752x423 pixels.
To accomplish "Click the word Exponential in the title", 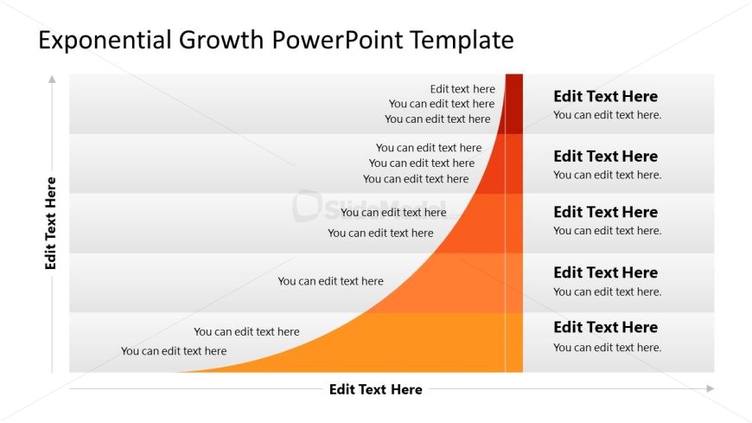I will pos(105,40).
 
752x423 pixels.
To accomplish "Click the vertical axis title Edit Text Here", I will pos(51,223).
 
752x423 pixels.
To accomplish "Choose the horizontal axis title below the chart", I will pos(375,389).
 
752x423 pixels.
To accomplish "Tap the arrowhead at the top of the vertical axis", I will pos(52,79).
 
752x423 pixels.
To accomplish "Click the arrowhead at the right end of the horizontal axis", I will pos(710,388).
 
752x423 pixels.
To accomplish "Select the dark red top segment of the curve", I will pos(513,104).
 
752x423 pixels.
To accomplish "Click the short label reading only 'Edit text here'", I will pos(462,88).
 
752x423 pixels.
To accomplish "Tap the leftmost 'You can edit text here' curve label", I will pos(174,350).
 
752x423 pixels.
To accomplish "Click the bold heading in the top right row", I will pos(605,96).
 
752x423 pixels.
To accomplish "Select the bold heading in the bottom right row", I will pos(605,327).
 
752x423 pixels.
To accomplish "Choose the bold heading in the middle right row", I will pos(605,212).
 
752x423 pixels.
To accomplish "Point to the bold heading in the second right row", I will pos(605,156).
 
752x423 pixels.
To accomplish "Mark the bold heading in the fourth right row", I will pos(605,272).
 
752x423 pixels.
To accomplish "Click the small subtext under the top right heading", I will pos(607,115).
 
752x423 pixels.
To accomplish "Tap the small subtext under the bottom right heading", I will pos(607,347).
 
